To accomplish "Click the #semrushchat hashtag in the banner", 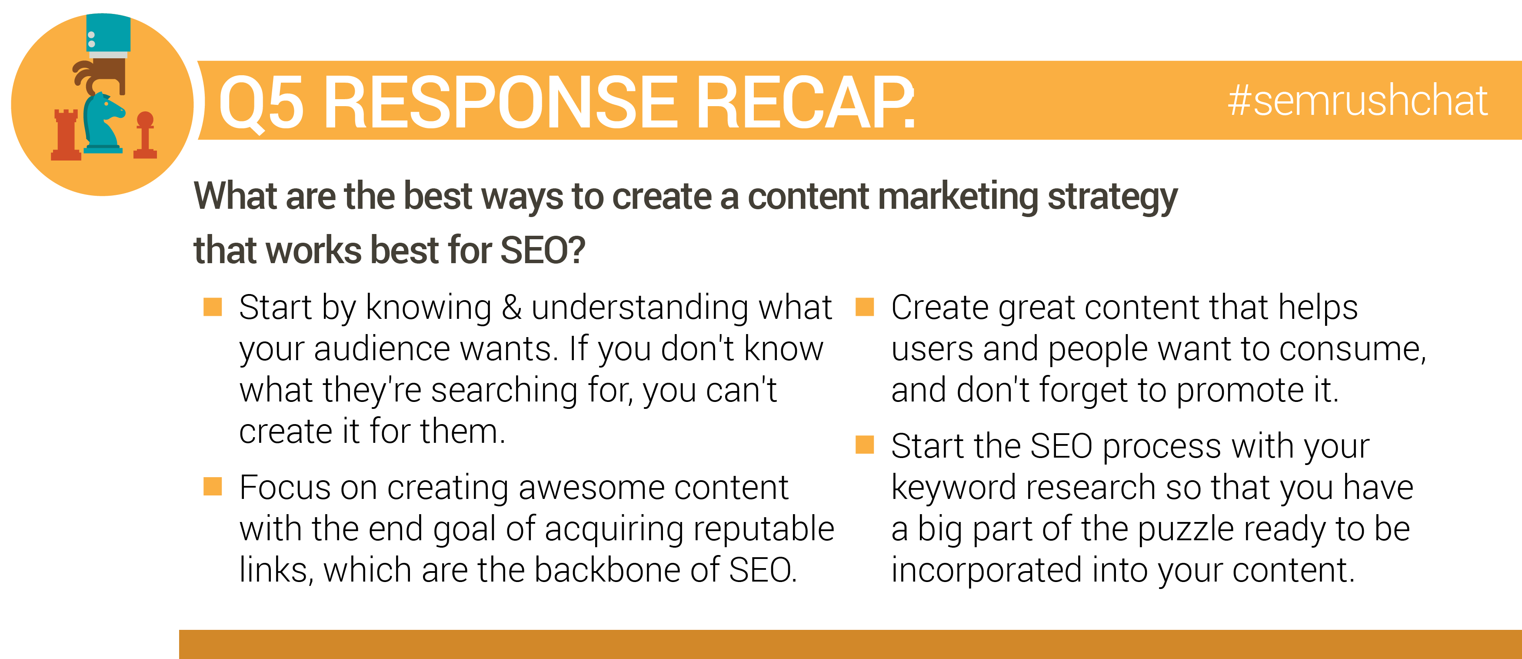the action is click(x=1357, y=100).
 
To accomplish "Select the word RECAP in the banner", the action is click(x=805, y=102).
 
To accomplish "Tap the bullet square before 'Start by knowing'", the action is click(x=213, y=308).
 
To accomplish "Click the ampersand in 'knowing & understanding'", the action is click(x=512, y=308).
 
